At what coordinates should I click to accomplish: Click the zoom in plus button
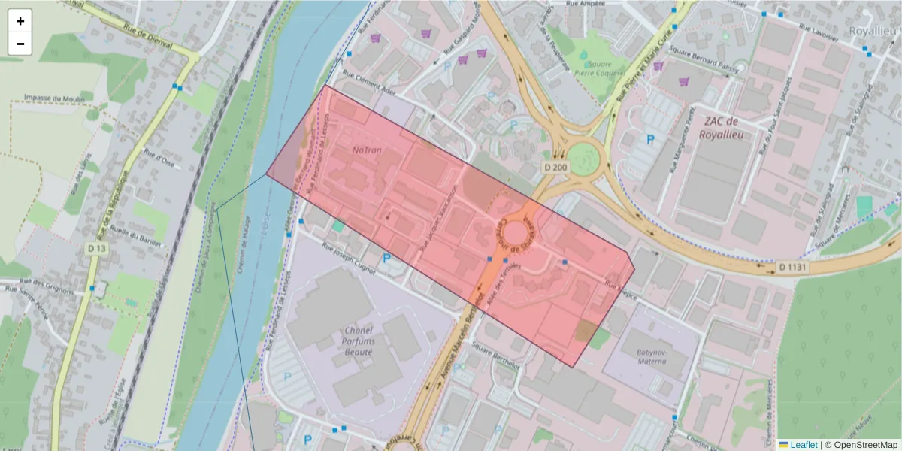click(x=20, y=21)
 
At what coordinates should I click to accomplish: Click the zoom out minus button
click(x=20, y=44)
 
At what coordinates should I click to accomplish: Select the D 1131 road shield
click(x=792, y=266)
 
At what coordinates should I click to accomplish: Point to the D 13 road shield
click(x=95, y=249)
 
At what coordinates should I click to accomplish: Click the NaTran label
click(x=367, y=150)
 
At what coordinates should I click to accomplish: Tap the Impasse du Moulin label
click(x=54, y=98)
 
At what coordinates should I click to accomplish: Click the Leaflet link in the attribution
click(x=803, y=445)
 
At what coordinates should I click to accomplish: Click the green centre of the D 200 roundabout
click(x=584, y=159)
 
